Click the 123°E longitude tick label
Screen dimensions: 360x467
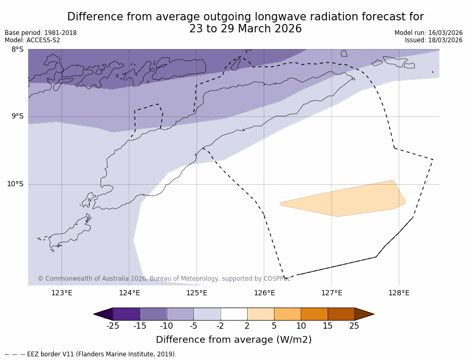[x=62, y=293]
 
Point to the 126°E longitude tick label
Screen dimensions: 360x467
[x=264, y=293]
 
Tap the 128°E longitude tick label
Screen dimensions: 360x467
[x=399, y=293]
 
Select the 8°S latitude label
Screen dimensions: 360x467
[x=17, y=50]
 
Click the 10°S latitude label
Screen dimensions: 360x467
[x=15, y=184]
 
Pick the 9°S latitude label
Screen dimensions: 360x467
[x=17, y=116]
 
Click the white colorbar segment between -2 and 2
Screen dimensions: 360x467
[x=233, y=314]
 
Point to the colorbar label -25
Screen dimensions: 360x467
[x=113, y=326]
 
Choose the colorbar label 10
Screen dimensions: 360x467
[x=301, y=326]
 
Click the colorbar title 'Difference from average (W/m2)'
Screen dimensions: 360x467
[x=233, y=340]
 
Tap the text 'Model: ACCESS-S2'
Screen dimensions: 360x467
[x=32, y=40]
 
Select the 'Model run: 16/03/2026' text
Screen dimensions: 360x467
[x=428, y=33]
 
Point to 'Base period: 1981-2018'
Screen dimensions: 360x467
[x=41, y=33]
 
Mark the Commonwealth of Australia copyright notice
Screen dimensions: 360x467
[x=164, y=279]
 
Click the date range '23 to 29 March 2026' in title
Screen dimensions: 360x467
[x=245, y=29]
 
